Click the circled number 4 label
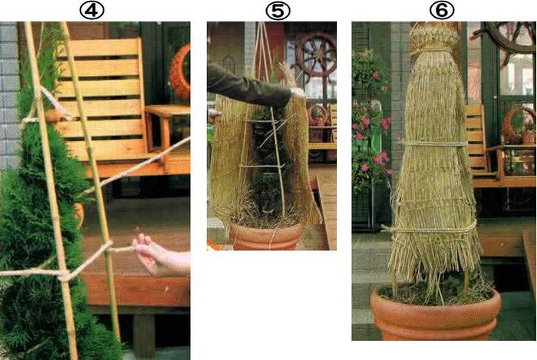tap(92, 11)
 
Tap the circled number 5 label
tap(278, 11)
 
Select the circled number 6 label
tap(442, 11)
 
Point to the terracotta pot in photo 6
tap(435, 315)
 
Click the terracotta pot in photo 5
tap(266, 235)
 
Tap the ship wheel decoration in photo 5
tap(315, 54)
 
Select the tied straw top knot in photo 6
tap(434, 39)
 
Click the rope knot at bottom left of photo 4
tap(64, 275)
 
